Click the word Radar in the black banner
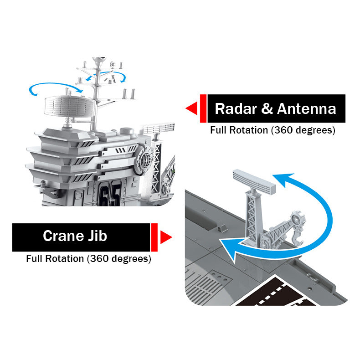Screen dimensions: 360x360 [x=236, y=108]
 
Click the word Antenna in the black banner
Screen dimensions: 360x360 [x=306, y=108]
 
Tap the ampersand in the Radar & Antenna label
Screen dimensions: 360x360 [x=267, y=108]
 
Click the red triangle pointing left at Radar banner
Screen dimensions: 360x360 [x=191, y=108]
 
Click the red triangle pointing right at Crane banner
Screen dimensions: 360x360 [x=166, y=237]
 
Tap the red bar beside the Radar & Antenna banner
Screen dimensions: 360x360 [x=203, y=108]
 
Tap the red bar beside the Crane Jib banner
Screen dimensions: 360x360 [x=154, y=237]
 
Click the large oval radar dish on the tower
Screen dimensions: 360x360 [x=70, y=106]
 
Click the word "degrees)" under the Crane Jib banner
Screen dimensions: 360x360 [x=131, y=259]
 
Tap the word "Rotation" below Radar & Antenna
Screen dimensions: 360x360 [x=249, y=130]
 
